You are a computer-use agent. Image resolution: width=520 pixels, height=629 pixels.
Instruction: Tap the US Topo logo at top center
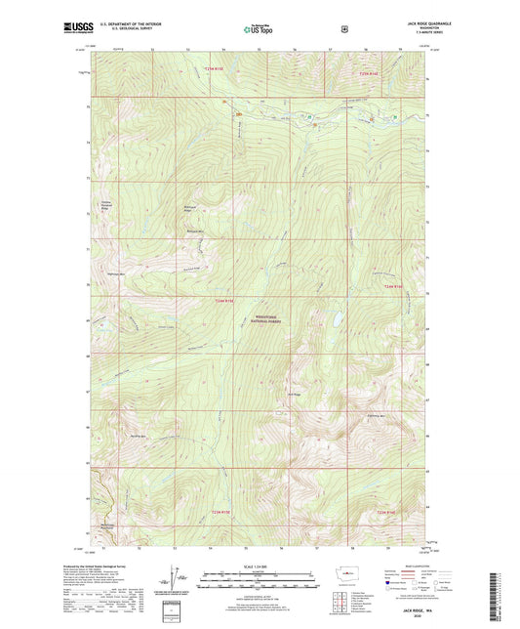(259, 30)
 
